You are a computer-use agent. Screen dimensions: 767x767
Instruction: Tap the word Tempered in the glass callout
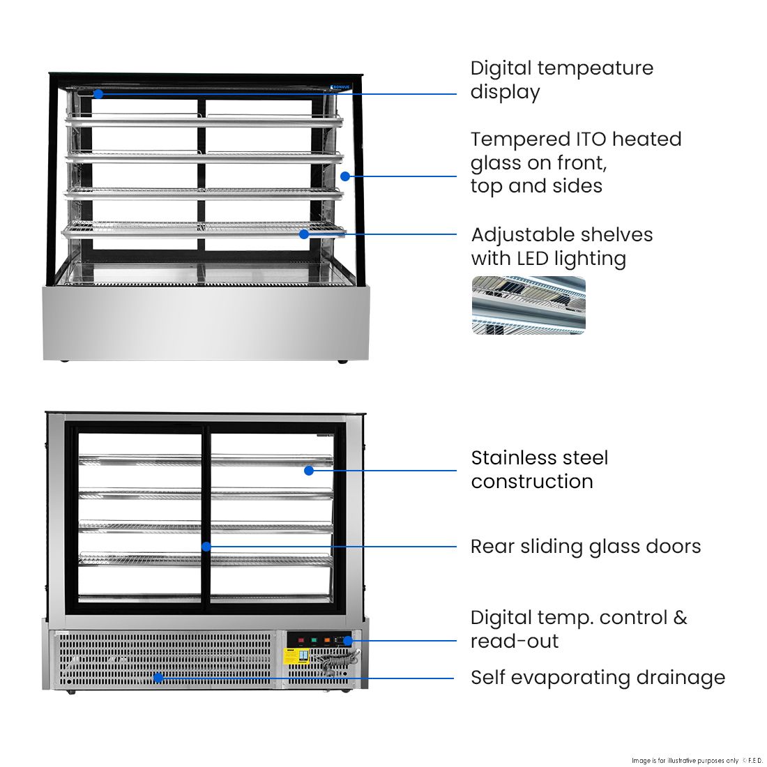click(515, 139)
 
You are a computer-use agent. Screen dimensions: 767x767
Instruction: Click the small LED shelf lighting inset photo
click(529, 305)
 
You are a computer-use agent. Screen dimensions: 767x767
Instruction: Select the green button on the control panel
click(314, 640)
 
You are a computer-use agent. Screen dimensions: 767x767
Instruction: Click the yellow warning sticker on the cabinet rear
click(296, 657)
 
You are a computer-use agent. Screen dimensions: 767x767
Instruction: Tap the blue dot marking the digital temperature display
click(98, 93)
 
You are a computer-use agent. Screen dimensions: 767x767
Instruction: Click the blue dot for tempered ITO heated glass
click(345, 176)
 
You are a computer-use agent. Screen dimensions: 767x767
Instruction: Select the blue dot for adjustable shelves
click(304, 234)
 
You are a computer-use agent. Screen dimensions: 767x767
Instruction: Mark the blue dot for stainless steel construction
click(309, 471)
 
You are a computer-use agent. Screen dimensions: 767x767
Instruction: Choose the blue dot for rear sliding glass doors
click(206, 547)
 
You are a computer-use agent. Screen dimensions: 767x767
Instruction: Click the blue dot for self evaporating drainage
click(158, 677)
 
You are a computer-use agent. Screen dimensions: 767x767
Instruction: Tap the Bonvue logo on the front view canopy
click(340, 86)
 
